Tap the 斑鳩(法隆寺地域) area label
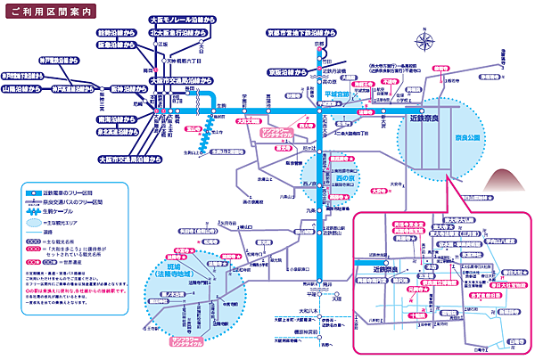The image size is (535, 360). coord(176,271)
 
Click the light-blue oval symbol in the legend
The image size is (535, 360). coord(29,221)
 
